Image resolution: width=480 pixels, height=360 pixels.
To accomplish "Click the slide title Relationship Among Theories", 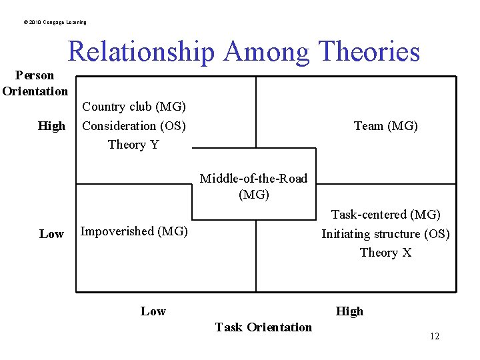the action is pyautogui.click(x=244, y=51).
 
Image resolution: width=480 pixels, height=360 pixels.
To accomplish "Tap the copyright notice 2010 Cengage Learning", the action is pyautogui.click(x=55, y=22).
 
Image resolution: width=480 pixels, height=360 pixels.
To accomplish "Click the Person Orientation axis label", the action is pyautogui.click(x=35, y=83).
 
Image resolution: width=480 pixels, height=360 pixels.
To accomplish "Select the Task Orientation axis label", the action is pyautogui.click(x=263, y=327).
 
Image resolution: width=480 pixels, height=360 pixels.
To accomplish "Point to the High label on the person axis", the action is pyautogui.click(x=52, y=126).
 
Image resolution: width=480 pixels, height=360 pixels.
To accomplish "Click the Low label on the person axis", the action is pyautogui.click(x=51, y=234).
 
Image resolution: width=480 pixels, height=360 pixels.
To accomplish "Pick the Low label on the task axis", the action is pyautogui.click(x=153, y=311).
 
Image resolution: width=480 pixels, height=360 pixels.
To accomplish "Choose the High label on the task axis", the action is pyautogui.click(x=349, y=311).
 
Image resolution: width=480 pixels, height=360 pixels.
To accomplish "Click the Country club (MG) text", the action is pyautogui.click(x=134, y=107).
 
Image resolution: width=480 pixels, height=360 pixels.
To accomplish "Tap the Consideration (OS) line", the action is pyautogui.click(x=134, y=125).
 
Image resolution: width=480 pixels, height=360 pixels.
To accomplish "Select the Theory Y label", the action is pyautogui.click(x=133, y=145).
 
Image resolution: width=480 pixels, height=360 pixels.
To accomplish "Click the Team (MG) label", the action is pyautogui.click(x=386, y=125).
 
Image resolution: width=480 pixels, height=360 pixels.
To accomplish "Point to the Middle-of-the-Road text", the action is pyautogui.click(x=254, y=179).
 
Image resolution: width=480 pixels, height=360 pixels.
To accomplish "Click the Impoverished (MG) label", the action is pyautogui.click(x=134, y=231).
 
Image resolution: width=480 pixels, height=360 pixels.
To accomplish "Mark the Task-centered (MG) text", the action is pyautogui.click(x=386, y=215).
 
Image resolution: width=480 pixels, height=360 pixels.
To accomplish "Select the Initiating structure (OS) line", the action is pyautogui.click(x=385, y=234).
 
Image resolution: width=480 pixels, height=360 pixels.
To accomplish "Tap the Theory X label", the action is pyautogui.click(x=385, y=253).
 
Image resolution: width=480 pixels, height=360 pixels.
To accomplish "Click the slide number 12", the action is pyautogui.click(x=435, y=336).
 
